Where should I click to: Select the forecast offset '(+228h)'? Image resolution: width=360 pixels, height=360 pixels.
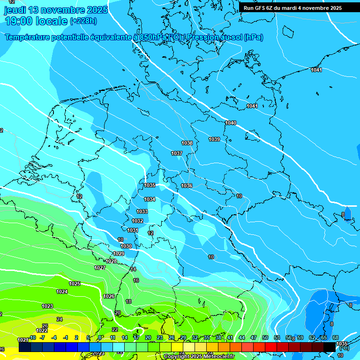(x=83, y=21)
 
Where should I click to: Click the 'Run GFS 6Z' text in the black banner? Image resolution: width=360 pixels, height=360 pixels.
(x=262, y=8)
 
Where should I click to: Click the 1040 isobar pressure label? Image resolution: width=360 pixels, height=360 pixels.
(x=231, y=123)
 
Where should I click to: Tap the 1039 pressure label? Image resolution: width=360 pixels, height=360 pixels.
(x=214, y=139)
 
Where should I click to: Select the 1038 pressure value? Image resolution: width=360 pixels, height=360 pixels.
(x=187, y=143)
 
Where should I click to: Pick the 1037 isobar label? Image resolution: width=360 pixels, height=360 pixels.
(x=177, y=153)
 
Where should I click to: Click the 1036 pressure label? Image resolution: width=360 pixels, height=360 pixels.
(x=187, y=186)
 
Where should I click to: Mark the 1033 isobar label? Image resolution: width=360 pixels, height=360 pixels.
(x=142, y=211)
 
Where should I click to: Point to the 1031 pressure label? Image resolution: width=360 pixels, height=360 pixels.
(x=133, y=230)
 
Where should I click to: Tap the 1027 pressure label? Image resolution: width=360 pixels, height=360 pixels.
(x=100, y=268)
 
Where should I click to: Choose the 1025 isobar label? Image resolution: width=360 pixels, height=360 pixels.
(x=75, y=284)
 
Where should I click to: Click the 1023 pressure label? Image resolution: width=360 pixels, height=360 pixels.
(x=47, y=306)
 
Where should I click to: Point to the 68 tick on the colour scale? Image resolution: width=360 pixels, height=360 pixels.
(x=336, y=337)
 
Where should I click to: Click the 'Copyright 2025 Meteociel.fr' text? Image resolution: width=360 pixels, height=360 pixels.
(x=199, y=356)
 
